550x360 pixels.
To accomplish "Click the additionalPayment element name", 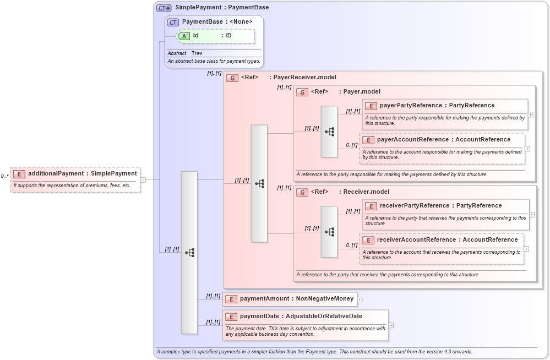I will (56, 173).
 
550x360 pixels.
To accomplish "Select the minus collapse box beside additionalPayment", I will (143, 179).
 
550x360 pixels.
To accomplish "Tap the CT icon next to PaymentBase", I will (173, 22).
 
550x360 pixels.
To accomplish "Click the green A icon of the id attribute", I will (184, 36).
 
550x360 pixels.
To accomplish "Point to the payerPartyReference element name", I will (411, 106).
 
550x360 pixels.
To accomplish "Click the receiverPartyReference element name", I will (413, 206).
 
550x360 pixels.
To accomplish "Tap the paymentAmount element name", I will (264, 299).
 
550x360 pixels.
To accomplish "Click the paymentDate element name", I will (260, 317).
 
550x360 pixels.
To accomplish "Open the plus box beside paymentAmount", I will (360, 299).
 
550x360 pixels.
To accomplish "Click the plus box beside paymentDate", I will (391, 325).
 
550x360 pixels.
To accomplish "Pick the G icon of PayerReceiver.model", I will (233, 78).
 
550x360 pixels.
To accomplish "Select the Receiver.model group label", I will (366, 192).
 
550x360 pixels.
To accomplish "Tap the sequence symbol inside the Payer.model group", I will (329, 132).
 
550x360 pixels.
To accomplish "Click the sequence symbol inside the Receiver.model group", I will (329, 232).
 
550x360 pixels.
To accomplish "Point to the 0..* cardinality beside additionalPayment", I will (4, 176).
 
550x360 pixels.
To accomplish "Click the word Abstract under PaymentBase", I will (177, 53).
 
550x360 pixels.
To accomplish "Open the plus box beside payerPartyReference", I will (530, 114).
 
